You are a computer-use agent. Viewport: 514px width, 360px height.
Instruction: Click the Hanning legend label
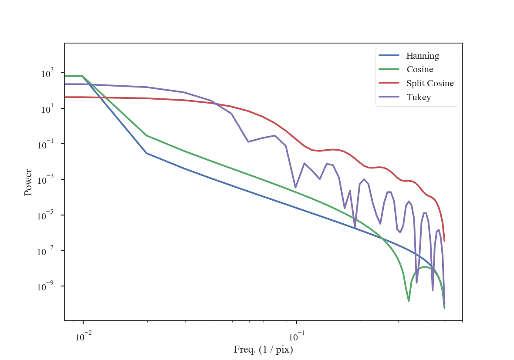423,56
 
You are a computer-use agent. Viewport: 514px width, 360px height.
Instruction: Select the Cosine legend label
419,69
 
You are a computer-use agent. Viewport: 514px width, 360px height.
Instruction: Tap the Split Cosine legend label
430,83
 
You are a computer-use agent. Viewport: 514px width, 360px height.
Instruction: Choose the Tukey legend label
419,97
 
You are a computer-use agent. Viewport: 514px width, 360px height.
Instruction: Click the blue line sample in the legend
389,56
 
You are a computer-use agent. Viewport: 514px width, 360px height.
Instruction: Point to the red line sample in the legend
389,83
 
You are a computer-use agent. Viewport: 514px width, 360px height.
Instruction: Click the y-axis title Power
28,182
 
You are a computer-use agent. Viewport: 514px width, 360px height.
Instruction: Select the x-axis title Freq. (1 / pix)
263,349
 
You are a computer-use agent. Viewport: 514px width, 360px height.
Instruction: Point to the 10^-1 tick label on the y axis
46,145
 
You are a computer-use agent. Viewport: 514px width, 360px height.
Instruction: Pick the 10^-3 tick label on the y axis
46,180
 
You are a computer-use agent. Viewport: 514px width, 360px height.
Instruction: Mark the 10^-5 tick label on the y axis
46,215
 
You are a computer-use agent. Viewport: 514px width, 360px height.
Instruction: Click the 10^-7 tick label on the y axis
46,251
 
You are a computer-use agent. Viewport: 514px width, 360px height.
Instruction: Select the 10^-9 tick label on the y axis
46,286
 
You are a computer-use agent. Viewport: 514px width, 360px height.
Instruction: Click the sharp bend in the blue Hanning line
146,153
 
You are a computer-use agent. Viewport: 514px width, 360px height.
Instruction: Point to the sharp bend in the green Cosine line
146,135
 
